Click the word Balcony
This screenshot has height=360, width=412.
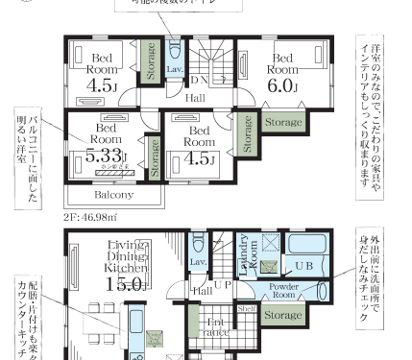pyautogui.click(x=114, y=193)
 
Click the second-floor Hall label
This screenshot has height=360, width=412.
pyautogui.click(x=194, y=97)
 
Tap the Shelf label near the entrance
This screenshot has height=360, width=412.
pyautogui.click(x=245, y=309)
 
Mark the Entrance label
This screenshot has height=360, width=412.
pyautogui.click(x=215, y=326)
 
